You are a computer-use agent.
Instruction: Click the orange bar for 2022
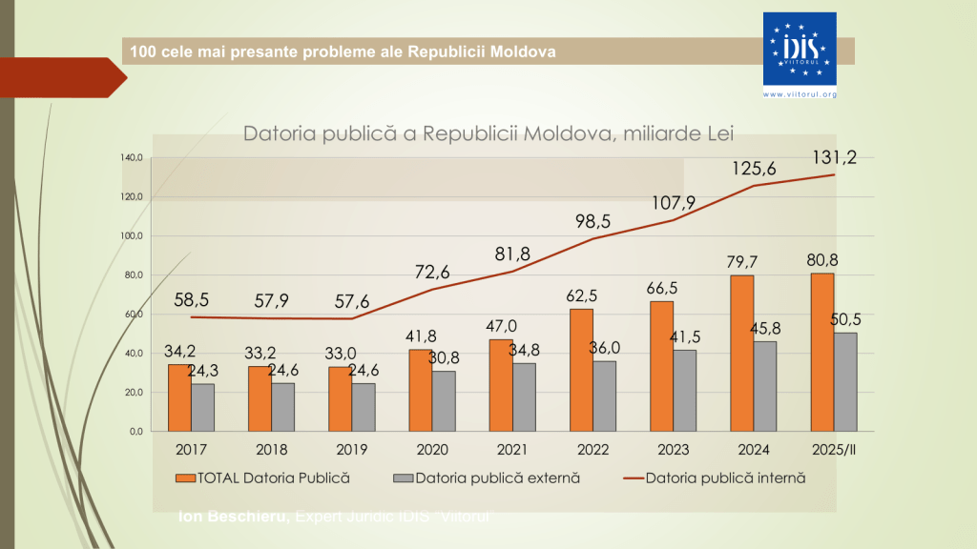[581, 370]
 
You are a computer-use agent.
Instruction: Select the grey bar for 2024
[764, 386]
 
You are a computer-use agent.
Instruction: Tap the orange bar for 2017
[179, 397]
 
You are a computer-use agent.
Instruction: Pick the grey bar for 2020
[444, 400]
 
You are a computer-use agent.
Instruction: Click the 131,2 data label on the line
[834, 157]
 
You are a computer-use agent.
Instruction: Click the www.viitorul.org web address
[800, 94]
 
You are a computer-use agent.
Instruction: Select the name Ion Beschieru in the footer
[234, 517]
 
